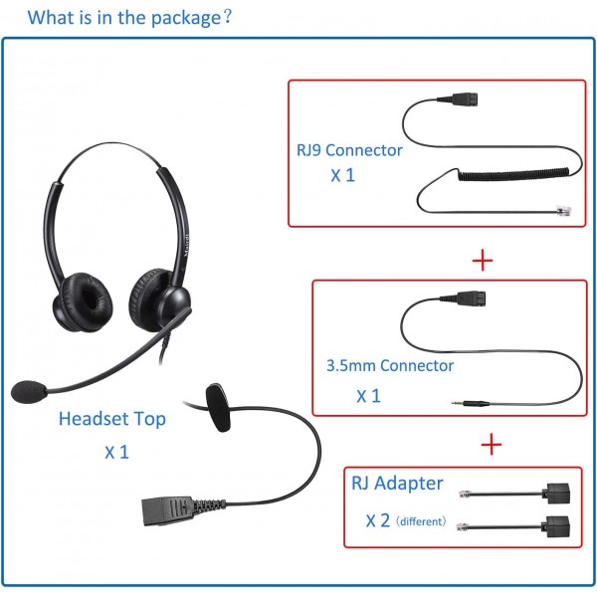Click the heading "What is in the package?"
point(129,18)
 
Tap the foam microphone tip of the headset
point(29,391)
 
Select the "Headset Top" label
point(112,419)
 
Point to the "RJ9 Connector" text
point(349,150)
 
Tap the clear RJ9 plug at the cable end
point(563,211)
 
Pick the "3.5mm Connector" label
point(390,365)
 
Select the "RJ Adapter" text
point(397,484)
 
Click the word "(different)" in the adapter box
point(421,521)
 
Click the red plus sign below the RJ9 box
point(483,261)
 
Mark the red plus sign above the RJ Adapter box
point(492,444)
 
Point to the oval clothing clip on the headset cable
point(218,407)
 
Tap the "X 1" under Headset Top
point(116,453)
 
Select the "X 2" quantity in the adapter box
point(378,520)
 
